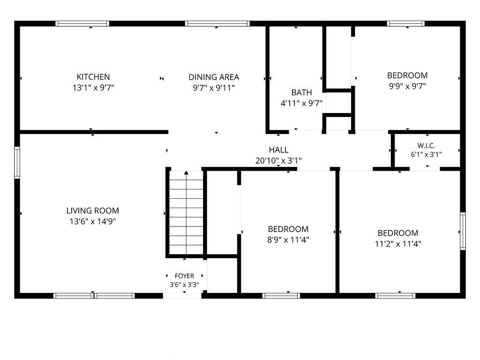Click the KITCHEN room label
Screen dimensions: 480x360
pos(93,77)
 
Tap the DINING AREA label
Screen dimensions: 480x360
pos(214,77)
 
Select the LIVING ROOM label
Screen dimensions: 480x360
pos(92,210)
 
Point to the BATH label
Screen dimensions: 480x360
pos(301,92)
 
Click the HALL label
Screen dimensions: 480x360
pos(278,150)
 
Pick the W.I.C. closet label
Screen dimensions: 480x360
pos(426,146)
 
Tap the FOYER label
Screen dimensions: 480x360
pos(184,276)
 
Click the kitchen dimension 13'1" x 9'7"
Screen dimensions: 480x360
pos(93,88)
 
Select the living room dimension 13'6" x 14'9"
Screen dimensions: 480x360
pos(92,221)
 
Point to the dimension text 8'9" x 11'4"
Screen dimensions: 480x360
pos(288,240)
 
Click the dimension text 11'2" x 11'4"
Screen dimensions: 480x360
pos(398,244)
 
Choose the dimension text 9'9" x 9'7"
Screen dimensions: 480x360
pos(407,86)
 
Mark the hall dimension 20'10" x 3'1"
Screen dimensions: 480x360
pos(278,160)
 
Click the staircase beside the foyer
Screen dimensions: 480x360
pos(186,212)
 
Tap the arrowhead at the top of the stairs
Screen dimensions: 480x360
pos(186,173)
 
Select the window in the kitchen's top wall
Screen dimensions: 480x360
pos(82,23)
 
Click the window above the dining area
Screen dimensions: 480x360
pos(217,23)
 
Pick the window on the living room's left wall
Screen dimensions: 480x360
pos(17,163)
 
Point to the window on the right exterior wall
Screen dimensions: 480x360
pos(463,231)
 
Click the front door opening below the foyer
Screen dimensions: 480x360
pos(182,296)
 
